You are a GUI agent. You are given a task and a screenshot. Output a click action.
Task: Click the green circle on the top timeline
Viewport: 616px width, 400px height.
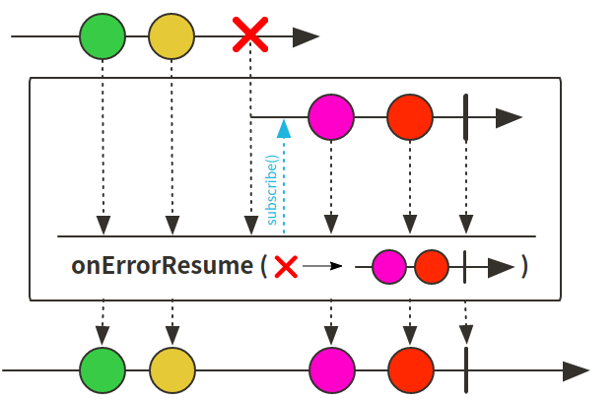coord(103,37)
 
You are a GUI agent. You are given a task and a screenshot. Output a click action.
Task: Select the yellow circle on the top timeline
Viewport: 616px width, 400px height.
coord(171,37)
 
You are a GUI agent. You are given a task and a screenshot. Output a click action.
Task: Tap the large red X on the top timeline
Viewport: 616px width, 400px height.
coord(250,37)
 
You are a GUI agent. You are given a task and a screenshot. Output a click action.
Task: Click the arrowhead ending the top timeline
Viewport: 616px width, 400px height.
coord(306,37)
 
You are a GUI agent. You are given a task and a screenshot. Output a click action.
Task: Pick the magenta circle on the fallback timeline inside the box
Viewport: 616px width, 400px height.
coord(330,117)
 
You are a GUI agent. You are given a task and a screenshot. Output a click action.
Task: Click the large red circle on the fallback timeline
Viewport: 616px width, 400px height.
coord(410,117)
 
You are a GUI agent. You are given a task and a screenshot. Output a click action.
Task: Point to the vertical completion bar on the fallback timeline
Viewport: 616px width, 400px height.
coord(464,117)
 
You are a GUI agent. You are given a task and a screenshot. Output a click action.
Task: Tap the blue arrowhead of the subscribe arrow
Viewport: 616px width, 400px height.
coord(283,127)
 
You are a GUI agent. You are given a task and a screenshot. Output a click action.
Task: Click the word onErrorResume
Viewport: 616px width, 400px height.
coord(163,266)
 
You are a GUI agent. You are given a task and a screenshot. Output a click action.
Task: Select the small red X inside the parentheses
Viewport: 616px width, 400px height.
coord(286,266)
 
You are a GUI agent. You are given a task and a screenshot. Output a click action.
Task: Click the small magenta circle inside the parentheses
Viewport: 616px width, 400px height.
coord(389,266)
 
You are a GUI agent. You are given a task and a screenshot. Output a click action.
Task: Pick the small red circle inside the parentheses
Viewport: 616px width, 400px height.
coord(432,266)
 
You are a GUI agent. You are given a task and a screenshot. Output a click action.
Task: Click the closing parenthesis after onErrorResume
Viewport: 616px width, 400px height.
coord(525,266)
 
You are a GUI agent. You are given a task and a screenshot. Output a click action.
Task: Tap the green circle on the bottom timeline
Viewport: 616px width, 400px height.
coord(103,370)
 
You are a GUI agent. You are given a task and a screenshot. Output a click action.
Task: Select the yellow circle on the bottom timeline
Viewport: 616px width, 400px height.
coord(171,370)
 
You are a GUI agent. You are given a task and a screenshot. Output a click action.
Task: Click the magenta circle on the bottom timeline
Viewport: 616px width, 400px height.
coord(331,370)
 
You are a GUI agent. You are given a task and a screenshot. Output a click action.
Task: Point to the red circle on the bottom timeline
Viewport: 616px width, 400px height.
coord(410,370)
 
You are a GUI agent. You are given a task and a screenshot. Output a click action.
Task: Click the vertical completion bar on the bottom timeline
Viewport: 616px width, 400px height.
coord(464,370)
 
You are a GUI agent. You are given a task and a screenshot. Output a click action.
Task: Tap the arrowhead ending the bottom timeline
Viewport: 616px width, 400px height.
coord(575,370)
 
